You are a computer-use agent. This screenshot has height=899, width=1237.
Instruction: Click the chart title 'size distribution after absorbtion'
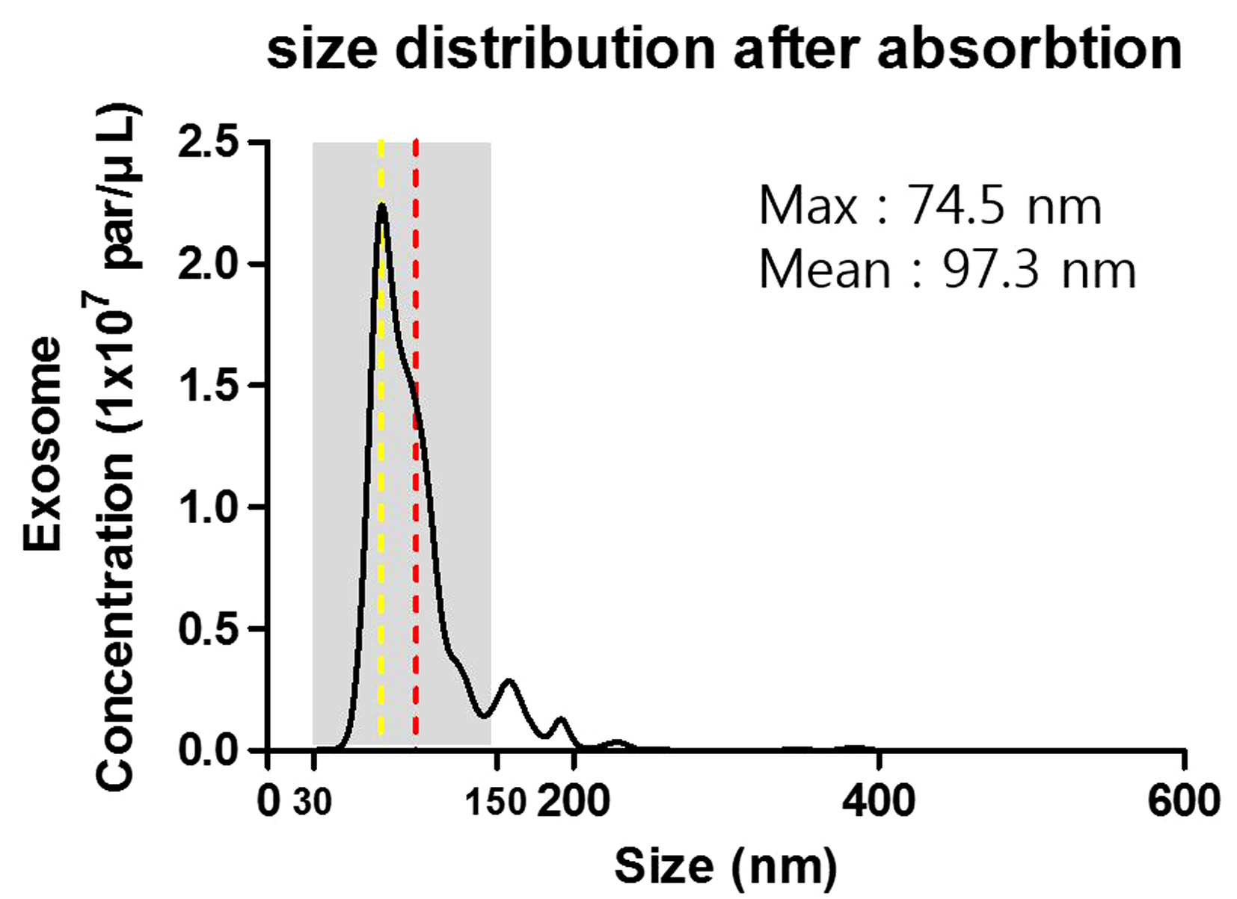[724, 46]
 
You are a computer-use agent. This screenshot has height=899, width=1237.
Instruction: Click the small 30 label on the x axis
[312, 803]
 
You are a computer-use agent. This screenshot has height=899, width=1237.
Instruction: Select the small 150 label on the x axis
[497, 803]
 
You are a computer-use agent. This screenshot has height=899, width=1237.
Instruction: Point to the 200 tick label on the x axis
[574, 801]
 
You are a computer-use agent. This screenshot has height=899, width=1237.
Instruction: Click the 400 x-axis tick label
[878, 801]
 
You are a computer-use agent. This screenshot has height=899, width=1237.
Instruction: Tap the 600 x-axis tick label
[1183, 801]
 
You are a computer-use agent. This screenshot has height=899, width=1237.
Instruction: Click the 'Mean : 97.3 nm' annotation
[948, 270]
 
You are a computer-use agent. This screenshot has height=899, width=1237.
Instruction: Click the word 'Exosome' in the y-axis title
[42, 443]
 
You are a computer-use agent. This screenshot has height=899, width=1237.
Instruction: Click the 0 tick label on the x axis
[268, 801]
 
